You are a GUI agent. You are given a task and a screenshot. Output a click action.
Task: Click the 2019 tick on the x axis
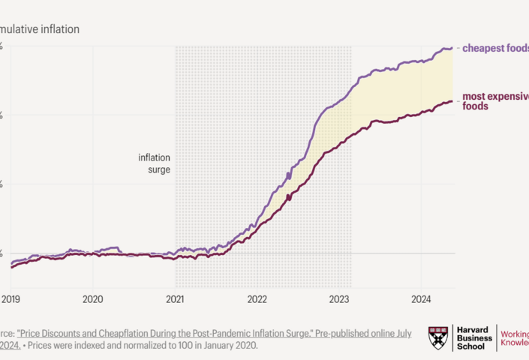coord(11,298)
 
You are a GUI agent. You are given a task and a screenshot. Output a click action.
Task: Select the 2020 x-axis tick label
coord(92,298)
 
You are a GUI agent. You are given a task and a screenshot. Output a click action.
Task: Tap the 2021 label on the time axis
coord(175,298)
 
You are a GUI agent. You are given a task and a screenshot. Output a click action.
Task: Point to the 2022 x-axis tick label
coord(257,298)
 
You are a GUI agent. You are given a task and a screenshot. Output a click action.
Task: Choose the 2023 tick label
coord(340,298)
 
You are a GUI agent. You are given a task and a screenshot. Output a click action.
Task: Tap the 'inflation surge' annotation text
coord(154,163)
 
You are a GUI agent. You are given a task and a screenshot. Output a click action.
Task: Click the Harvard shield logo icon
coord(440,338)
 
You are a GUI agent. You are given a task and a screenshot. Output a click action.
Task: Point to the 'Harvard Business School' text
coord(474,338)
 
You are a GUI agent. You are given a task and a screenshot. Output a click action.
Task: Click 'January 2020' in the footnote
coord(230,346)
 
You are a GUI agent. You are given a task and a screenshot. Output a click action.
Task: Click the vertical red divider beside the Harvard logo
coord(497,338)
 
